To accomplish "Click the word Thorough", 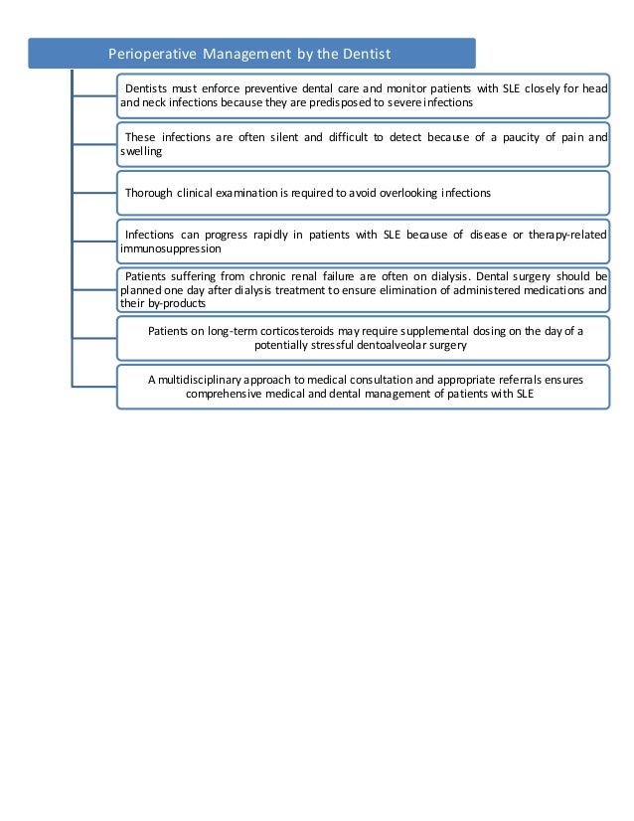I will pos(149,192).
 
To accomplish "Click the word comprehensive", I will pos(231,394).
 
